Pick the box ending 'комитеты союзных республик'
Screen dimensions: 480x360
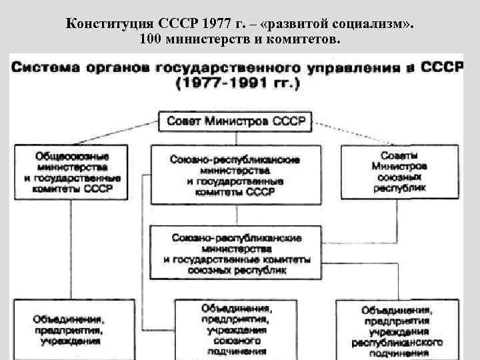tap(236, 254)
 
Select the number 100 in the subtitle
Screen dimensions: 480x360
tap(151, 40)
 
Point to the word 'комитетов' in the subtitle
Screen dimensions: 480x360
tap(309, 40)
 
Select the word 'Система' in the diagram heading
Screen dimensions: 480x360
tap(47, 68)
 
